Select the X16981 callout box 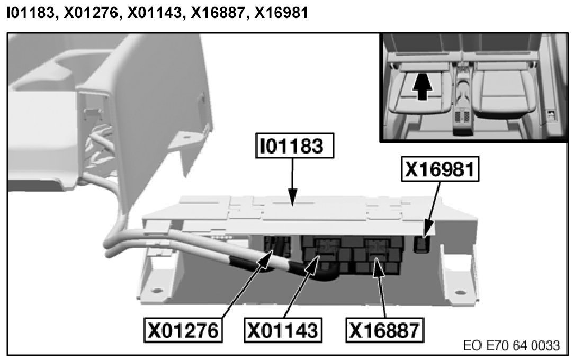pos(442,169)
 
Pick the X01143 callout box pos(283,330)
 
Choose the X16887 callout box pos(385,330)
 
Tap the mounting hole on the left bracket pos(157,290)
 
